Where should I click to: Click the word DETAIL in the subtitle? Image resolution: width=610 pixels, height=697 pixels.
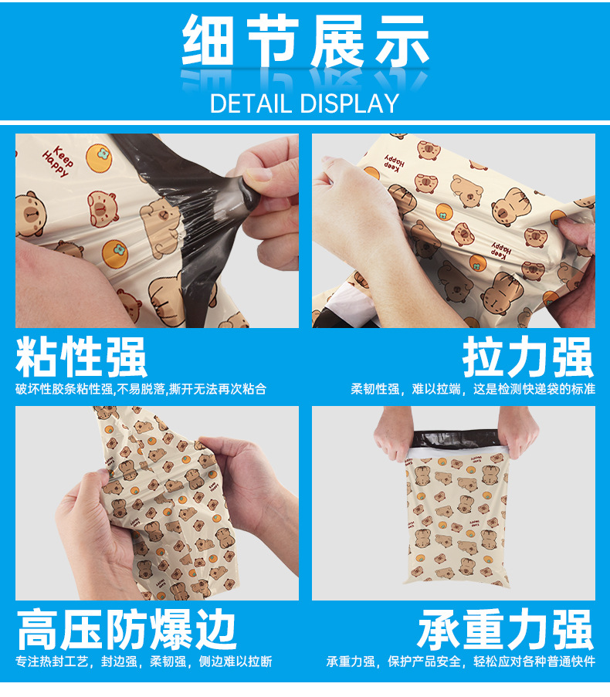[x=252, y=103]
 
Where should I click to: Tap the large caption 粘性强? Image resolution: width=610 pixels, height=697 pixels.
[x=81, y=358]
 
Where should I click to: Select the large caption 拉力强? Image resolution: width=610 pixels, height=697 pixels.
[x=528, y=358]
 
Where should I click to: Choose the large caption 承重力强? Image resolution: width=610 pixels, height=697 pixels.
[x=506, y=631]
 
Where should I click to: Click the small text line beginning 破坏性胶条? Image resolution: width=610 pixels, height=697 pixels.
[x=141, y=389]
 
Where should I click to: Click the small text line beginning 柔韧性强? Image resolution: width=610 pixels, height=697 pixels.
[x=473, y=389]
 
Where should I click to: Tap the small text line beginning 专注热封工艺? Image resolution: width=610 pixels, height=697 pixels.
[x=144, y=661]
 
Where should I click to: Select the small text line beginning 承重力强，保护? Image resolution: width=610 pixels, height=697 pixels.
[x=461, y=661]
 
